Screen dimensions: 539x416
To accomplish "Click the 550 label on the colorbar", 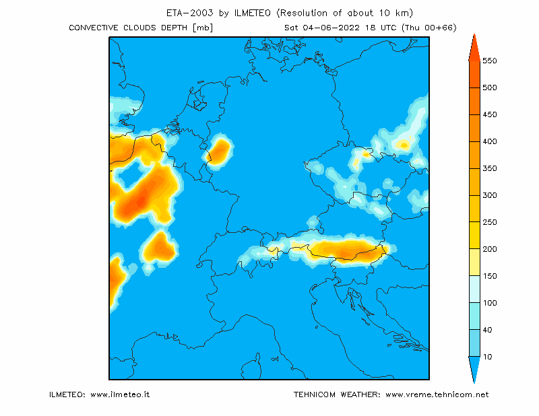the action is [x=490, y=61].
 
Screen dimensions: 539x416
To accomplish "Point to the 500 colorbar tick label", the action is [x=490, y=88].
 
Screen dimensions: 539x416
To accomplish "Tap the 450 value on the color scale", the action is [x=490, y=114].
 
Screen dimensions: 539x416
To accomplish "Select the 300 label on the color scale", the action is [x=490, y=195].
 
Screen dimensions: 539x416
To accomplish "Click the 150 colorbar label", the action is [x=490, y=276].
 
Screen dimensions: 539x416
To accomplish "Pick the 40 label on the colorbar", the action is [x=487, y=330].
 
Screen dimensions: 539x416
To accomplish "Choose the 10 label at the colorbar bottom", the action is [x=487, y=357].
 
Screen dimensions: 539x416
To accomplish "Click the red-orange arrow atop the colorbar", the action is [x=474, y=47].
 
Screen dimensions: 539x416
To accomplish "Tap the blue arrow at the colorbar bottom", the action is [x=474, y=370].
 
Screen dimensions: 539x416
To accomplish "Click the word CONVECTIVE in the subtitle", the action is [x=94, y=28].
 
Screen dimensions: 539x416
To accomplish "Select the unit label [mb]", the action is [x=203, y=28].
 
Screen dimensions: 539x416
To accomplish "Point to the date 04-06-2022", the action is [x=331, y=28].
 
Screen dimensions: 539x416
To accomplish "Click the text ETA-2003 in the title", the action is [x=190, y=13].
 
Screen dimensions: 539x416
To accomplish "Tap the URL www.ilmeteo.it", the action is [x=120, y=394].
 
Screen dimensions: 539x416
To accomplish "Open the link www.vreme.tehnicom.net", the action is [x=437, y=394].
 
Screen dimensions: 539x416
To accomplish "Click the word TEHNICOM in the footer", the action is [x=315, y=394].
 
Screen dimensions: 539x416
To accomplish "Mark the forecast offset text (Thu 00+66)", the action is [x=429, y=28].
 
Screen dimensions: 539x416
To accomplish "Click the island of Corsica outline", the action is [x=250, y=366].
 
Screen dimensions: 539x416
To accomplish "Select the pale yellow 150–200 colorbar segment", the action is [x=474, y=262].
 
